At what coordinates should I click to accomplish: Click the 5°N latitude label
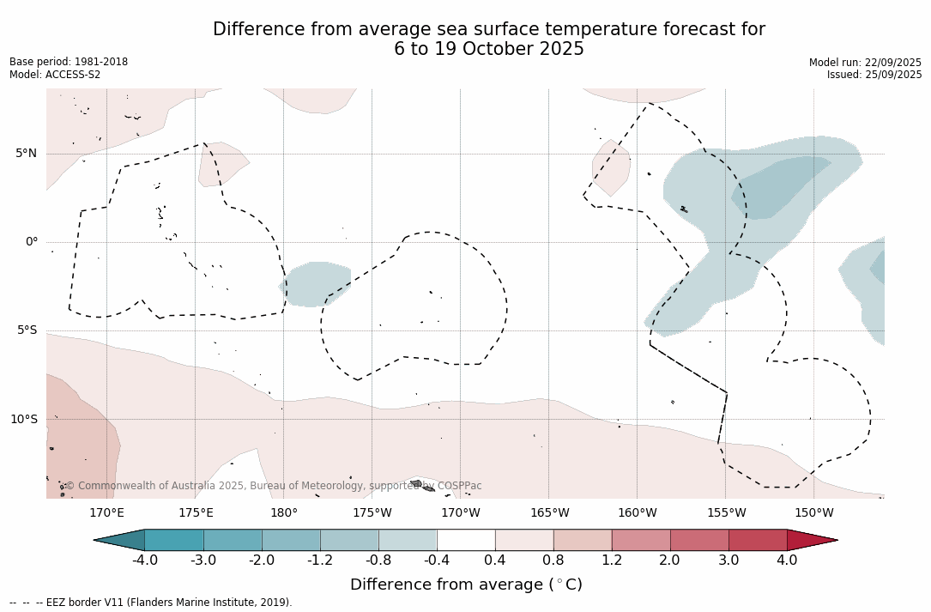click(x=26, y=154)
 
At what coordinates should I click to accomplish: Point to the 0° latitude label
click(x=32, y=242)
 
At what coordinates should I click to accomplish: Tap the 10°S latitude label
click(x=23, y=420)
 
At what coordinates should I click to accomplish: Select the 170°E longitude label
click(x=107, y=513)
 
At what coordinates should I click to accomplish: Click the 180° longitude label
click(x=284, y=513)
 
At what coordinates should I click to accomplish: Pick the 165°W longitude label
click(x=549, y=513)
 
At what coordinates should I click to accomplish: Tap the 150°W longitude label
click(x=814, y=513)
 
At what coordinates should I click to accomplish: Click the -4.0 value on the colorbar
click(x=145, y=560)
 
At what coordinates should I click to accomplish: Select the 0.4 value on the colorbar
click(x=495, y=560)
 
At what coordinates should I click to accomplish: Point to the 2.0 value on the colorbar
click(x=669, y=560)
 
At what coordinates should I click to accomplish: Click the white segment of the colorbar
click(x=466, y=540)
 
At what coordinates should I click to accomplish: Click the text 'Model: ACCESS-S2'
click(x=55, y=75)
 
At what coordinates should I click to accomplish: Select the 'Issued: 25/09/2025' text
click(x=874, y=75)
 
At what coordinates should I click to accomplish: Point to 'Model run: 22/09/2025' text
click(x=865, y=63)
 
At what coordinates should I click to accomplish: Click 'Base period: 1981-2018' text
click(x=69, y=62)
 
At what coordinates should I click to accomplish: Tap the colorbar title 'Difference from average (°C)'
click(x=466, y=585)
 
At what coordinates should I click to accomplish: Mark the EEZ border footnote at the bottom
click(x=151, y=603)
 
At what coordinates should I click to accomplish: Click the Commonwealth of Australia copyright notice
click(x=274, y=486)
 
